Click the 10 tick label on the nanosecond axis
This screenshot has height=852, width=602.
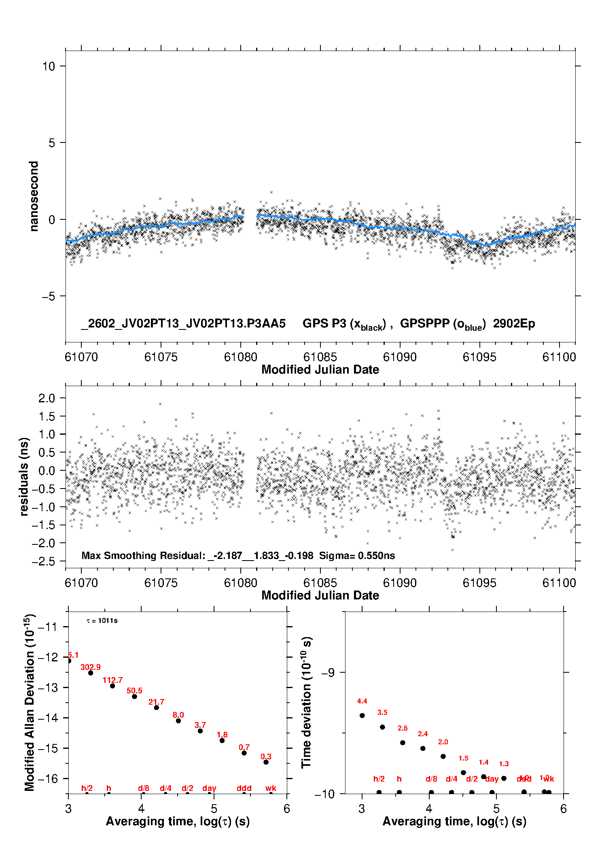coord(49,66)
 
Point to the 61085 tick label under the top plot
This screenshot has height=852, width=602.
coord(320,357)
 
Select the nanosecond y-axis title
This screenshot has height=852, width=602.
coord(34,196)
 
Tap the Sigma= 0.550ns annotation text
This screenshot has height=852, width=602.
coord(357,555)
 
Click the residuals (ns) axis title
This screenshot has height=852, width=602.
coord(24,476)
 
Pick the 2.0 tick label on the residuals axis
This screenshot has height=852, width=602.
coord(47,398)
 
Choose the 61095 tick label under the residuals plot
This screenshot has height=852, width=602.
coord(479,583)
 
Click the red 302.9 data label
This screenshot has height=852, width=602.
coord(91,667)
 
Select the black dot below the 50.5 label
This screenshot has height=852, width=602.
coord(134,696)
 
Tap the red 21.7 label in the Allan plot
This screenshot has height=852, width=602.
coord(156,702)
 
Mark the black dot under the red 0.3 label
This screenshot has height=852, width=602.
coord(266,762)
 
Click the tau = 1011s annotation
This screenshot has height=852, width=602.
coord(102,620)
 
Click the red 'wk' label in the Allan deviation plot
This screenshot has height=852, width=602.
coord(271,788)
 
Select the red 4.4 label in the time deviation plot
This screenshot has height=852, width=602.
coord(362,701)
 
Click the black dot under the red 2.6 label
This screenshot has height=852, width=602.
coord(403,742)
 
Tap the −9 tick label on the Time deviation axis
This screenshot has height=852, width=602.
coord(328,672)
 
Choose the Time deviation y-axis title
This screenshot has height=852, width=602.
coord(306,702)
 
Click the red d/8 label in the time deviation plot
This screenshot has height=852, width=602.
coord(431,779)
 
